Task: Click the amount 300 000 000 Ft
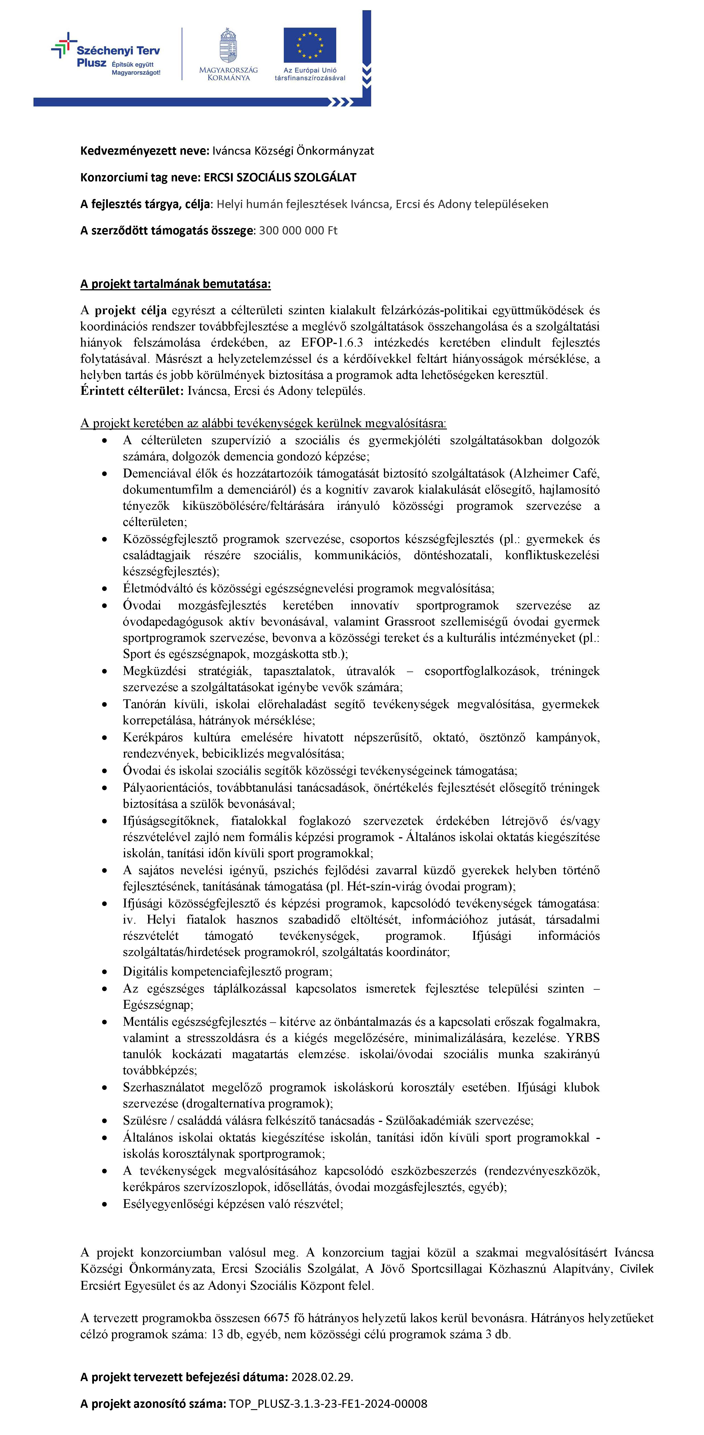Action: point(298,231)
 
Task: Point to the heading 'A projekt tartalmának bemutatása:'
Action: point(175,284)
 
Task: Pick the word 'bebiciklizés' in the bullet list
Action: point(234,754)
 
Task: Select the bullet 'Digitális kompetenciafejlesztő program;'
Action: point(227,972)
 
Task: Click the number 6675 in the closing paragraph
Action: point(276,1318)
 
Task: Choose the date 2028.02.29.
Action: point(322,1377)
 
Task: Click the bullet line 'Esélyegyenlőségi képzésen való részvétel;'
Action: point(233,1204)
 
